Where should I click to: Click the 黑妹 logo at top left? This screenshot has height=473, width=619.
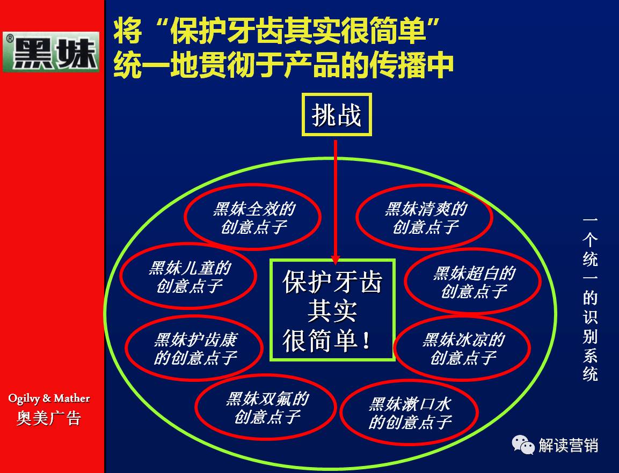(52, 52)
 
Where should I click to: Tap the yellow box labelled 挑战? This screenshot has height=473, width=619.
(337, 114)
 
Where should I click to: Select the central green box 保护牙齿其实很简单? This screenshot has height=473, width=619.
(332, 310)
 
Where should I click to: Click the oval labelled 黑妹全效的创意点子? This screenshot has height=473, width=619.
(253, 217)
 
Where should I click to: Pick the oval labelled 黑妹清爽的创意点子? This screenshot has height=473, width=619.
(425, 217)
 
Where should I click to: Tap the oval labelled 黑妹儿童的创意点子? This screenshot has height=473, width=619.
(189, 276)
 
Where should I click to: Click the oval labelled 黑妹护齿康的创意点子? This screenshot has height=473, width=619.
(195, 348)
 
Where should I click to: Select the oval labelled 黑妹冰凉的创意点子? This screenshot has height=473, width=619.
(463, 348)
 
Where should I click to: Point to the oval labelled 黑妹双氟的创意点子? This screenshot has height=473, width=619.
(267, 407)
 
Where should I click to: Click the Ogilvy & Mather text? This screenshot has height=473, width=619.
(49, 398)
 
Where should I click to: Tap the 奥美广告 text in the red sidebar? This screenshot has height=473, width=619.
(49, 418)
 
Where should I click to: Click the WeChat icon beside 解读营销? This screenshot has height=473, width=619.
(523, 444)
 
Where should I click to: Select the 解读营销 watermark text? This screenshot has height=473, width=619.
(568, 445)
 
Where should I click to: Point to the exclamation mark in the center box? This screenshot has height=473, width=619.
(367, 341)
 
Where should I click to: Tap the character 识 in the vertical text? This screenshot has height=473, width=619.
(590, 317)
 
